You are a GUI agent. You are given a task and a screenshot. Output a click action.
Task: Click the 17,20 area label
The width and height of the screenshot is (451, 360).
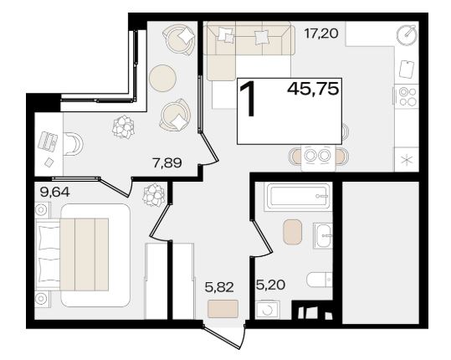coord(321,34)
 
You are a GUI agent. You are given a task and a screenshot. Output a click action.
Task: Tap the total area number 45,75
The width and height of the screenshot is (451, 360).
coord(313,89)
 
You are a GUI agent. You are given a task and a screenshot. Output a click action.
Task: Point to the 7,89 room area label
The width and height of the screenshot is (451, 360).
coord(167,163)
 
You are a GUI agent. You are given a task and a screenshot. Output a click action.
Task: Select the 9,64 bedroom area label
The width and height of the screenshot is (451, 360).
coord(55,193)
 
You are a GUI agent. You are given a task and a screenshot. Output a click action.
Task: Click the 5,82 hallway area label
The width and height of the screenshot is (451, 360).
coord(219,287)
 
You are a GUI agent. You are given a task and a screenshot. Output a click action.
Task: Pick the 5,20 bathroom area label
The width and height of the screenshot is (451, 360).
coord(270,285)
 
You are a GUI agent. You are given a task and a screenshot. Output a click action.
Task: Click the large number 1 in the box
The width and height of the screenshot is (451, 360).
coord(248,99)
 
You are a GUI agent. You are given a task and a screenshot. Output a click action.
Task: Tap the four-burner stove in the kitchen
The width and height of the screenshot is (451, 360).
coord(406,96)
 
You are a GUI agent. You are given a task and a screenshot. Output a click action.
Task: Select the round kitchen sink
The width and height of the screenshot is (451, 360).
coord(407,34)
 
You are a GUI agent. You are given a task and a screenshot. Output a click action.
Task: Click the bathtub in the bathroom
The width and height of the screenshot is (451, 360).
coord(298,196)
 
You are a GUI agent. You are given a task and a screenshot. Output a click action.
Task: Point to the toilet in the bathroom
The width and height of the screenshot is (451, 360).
coord(320,279)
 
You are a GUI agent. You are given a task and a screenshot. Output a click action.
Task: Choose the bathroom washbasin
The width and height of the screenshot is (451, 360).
coord(322,235)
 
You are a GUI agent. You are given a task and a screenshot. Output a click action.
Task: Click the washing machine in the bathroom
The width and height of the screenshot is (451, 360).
coord(268,310)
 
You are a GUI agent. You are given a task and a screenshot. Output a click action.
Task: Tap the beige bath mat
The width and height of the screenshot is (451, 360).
coord(293,232)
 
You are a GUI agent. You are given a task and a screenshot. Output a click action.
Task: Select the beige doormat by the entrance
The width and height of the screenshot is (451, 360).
coord(223,309)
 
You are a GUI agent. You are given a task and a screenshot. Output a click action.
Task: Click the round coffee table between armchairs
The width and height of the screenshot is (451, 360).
coord(163,78)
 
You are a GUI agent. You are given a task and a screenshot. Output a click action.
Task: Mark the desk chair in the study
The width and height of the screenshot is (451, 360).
coord(74,144)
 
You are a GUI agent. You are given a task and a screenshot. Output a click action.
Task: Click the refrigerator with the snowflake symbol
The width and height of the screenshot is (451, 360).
coord(406,159)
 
